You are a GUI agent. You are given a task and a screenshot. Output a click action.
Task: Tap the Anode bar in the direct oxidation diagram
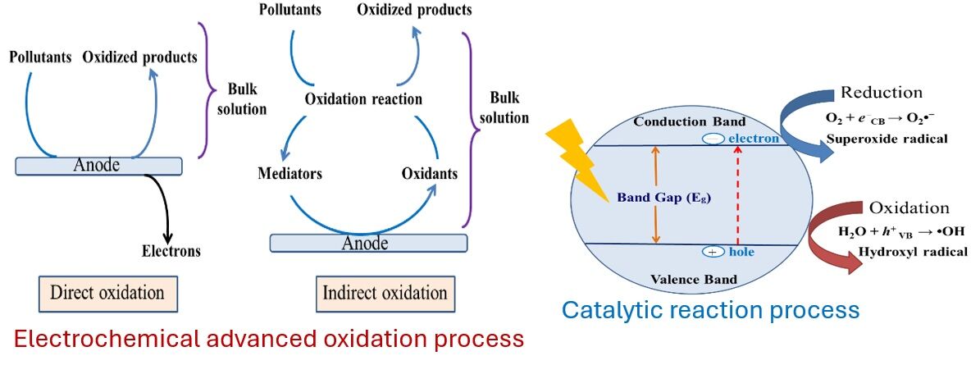click(98, 166)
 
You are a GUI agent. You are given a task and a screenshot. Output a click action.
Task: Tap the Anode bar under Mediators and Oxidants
click(368, 243)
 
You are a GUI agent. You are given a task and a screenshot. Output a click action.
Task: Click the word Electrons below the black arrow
click(171, 250)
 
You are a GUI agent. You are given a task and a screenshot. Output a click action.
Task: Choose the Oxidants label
click(430, 174)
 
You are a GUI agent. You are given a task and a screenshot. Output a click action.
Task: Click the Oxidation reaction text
click(363, 99)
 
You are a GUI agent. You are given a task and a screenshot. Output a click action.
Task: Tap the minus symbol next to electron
click(712, 139)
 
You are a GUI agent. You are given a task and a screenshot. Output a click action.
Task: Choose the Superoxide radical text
click(886, 139)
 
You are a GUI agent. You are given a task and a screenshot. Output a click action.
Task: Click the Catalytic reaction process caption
click(710, 310)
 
